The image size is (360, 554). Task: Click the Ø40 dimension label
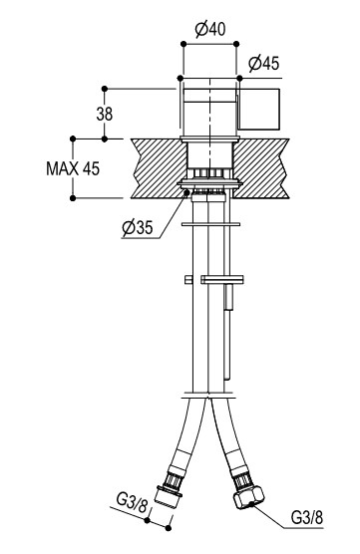tap(210, 29)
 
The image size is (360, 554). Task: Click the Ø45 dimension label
tap(264, 64)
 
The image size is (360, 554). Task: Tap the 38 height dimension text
tap(105, 115)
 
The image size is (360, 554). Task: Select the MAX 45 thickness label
tap(73, 168)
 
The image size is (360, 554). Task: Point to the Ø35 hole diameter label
tap(138, 227)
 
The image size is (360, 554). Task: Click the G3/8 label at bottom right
tap(307, 517)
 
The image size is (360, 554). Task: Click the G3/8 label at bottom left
tap(132, 504)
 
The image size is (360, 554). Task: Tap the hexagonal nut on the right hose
tap(248, 497)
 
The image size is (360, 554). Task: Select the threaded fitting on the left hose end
tap(171, 491)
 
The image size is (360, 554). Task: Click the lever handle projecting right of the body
tap(259, 109)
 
